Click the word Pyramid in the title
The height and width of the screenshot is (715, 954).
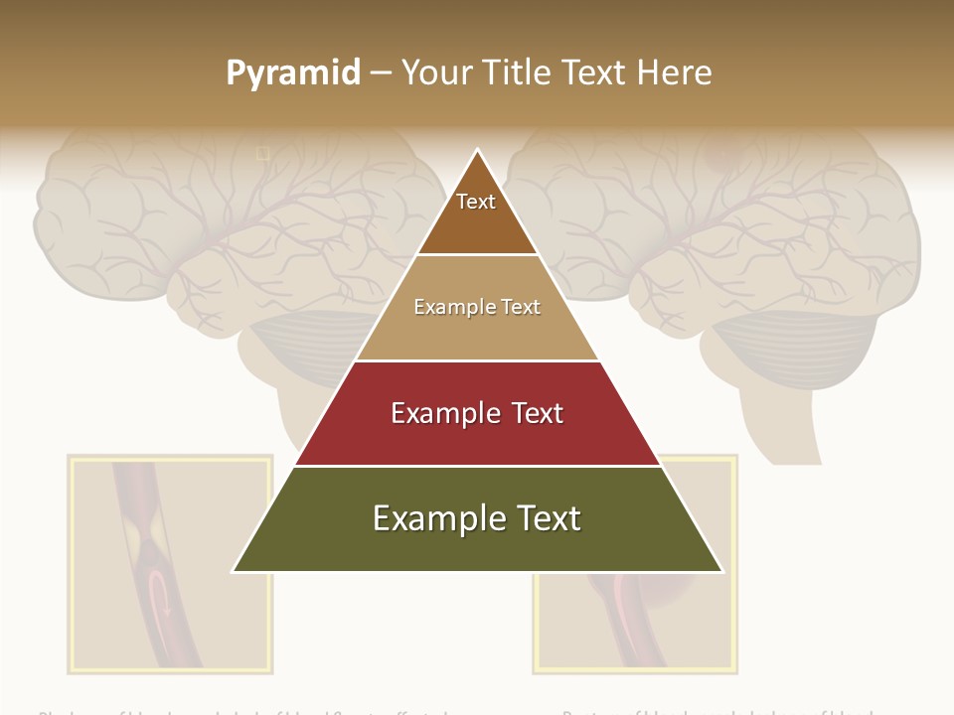pyautogui.click(x=292, y=73)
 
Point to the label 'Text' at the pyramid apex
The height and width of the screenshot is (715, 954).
pyautogui.click(x=476, y=202)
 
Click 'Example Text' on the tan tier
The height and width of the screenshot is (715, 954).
pyautogui.click(x=477, y=307)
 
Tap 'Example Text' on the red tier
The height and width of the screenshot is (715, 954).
pyautogui.click(x=477, y=413)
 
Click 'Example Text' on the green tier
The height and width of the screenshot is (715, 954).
pyautogui.click(x=477, y=518)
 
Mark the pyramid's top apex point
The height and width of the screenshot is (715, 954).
pyautogui.click(x=478, y=150)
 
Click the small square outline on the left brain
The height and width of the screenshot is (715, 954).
pyautogui.click(x=263, y=153)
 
